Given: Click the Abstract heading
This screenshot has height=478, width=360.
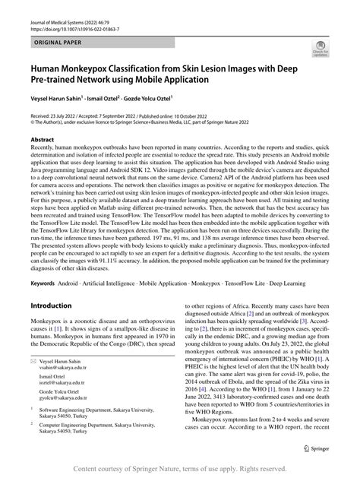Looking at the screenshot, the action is pos(43,141).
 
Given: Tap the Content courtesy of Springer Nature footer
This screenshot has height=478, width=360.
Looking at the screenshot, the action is pos(179,470).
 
